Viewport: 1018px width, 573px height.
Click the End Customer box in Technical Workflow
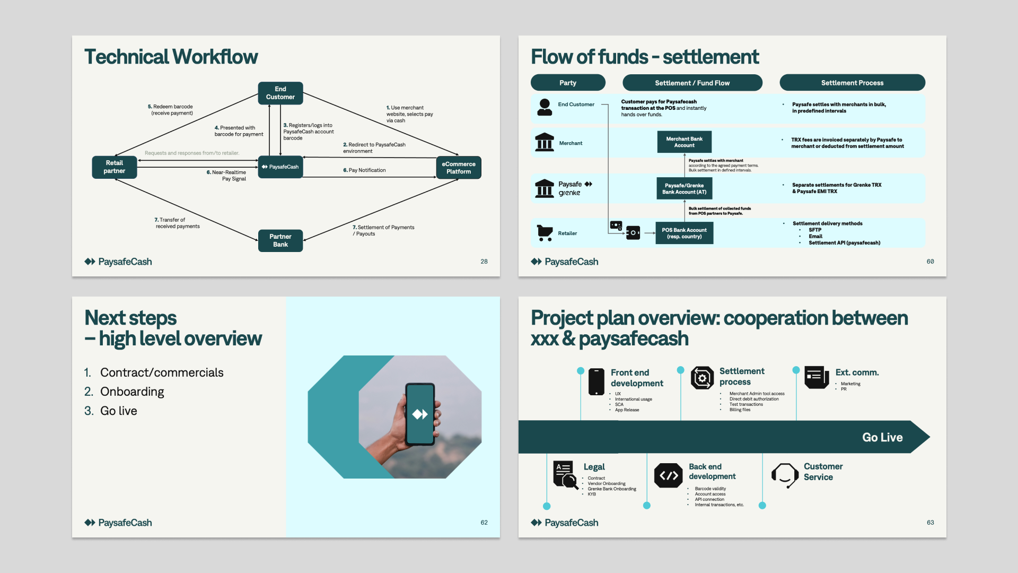click(280, 93)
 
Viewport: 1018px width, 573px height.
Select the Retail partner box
click(114, 167)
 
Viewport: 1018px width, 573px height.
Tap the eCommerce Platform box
click(458, 168)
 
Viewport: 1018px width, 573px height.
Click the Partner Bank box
click(280, 240)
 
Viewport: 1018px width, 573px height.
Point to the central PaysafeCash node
click(280, 167)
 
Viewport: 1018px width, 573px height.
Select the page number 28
click(484, 262)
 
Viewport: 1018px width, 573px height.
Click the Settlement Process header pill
click(852, 83)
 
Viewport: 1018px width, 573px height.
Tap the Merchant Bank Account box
click(684, 142)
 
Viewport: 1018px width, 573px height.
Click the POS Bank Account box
click(684, 233)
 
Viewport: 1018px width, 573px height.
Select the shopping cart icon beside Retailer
click(545, 232)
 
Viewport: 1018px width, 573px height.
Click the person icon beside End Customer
click(545, 107)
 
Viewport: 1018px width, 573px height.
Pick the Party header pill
click(567, 83)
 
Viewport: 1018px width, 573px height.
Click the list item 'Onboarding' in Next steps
click(132, 392)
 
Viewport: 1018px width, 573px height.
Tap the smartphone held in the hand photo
click(420, 414)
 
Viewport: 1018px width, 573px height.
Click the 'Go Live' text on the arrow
click(882, 437)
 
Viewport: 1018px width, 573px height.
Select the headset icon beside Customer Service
click(785, 474)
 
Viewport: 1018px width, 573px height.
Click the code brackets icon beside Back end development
click(668, 475)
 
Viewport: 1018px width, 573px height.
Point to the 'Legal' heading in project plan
click(594, 467)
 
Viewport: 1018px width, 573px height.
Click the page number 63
click(930, 523)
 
